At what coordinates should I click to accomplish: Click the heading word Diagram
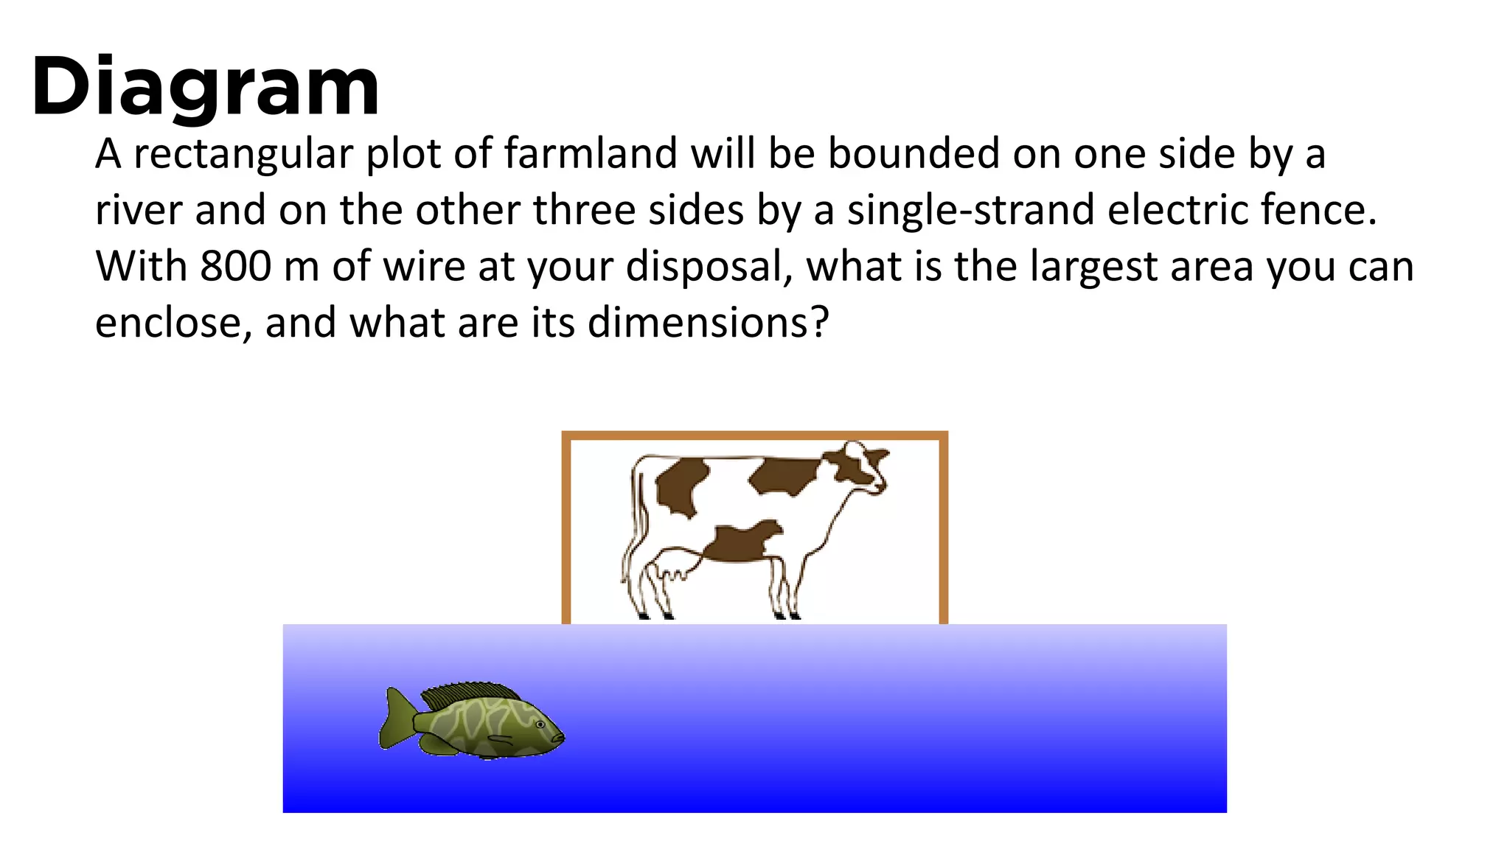(205, 87)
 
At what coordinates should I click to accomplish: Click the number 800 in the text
(235, 266)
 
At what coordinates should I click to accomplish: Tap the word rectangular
(243, 154)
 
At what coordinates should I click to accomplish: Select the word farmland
(591, 154)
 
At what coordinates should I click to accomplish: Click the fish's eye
(540, 724)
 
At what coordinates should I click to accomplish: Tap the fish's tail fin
(395, 719)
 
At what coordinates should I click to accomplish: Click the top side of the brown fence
(754, 436)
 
